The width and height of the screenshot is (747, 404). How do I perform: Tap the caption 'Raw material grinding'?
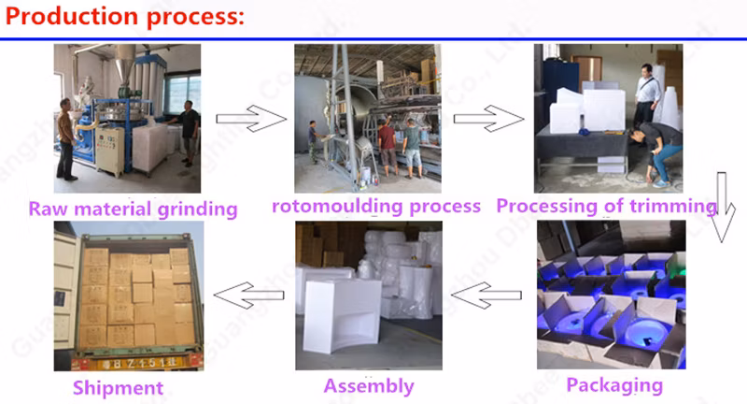(133, 208)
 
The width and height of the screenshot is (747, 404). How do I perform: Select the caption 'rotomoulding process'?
(376, 206)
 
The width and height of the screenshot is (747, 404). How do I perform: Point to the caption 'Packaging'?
(614, 383)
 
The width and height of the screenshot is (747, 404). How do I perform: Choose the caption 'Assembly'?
(369, 385)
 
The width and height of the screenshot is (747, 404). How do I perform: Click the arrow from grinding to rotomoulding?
(249, 119)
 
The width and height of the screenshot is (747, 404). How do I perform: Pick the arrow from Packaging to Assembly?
(486, 296)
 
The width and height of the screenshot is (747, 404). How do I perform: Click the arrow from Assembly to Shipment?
(247, 296)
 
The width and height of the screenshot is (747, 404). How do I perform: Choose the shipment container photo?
(129, 296)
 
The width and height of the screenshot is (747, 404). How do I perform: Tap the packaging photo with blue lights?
(612, 296)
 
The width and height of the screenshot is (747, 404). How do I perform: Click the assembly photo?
(369, 296)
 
